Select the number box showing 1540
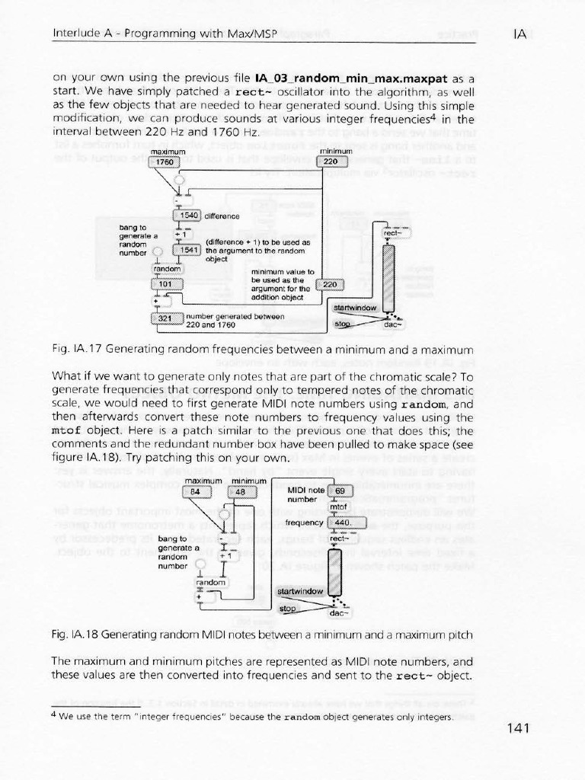187,216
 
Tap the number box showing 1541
187,249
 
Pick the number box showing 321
167,318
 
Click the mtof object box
337,507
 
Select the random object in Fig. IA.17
166,269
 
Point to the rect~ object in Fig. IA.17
395,234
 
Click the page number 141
516,728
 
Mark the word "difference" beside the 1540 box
223,216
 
